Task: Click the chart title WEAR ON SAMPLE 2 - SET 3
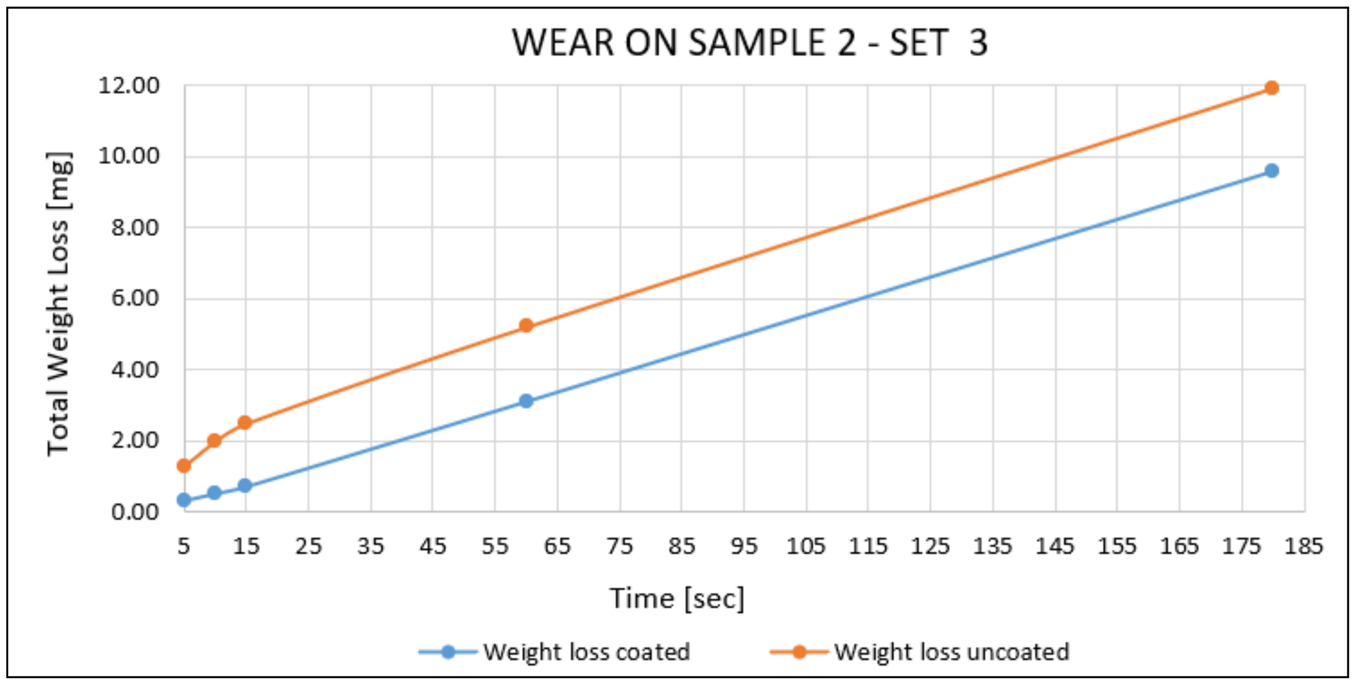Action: coord(749,43)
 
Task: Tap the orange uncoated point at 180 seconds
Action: coord(1272,88)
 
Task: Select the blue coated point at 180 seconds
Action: coord(1272,171)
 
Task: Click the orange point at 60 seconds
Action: coord(526,326)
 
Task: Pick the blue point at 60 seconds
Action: coord(526,401)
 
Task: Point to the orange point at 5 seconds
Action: coord(184,466)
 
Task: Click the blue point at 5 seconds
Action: coord(184,500)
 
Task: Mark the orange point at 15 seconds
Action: coord(245,422)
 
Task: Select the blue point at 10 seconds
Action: coord(214,493)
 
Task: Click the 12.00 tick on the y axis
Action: coord(128,85)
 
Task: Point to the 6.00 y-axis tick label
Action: coord(135,298)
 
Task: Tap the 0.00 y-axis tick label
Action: coord(135,512)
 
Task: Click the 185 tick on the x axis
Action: coord(1303,546)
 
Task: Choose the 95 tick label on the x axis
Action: coord(744,546)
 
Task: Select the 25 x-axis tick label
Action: coord(308,546)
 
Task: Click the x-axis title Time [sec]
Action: coord(677,598)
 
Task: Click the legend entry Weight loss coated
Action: coord(586,652)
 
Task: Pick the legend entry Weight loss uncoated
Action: coord(951,652)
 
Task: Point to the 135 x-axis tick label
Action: coord(993,546)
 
